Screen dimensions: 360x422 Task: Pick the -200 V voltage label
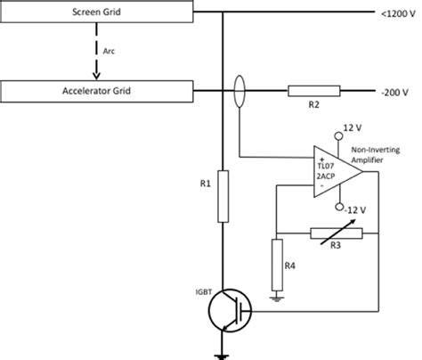tap(394, 91)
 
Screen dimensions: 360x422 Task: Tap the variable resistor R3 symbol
tap(335, 234)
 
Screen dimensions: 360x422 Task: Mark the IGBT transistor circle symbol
tap(231, 312)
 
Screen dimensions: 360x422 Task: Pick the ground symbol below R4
tap(277, 299)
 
